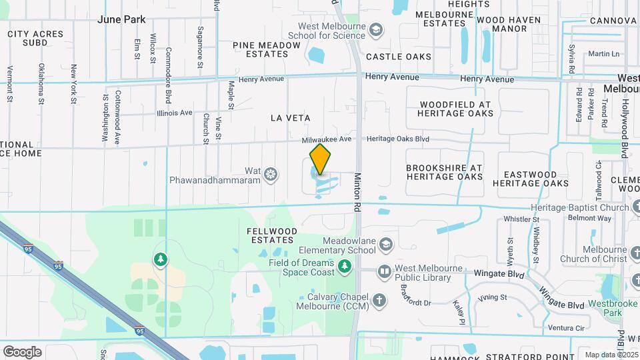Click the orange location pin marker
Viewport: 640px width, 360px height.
click(320, 159)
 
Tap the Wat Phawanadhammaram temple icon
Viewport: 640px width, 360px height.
click(271, 175)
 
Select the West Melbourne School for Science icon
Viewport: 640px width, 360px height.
click(376, 30)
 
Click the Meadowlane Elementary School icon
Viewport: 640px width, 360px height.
click(385, 245)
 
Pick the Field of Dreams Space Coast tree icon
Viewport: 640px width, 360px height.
click(345, 267)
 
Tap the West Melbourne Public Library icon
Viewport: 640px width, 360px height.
click(384, 271)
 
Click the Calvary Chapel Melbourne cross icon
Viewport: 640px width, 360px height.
click(379, 301)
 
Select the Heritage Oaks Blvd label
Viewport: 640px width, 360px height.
click(398, 140)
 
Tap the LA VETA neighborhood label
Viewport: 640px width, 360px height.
click(290, 118)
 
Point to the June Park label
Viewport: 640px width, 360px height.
click(121, 19)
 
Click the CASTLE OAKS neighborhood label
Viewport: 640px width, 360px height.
click(399, 57)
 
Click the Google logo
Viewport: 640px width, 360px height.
click(22, 351)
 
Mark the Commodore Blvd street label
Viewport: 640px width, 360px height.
click(168, 75)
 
